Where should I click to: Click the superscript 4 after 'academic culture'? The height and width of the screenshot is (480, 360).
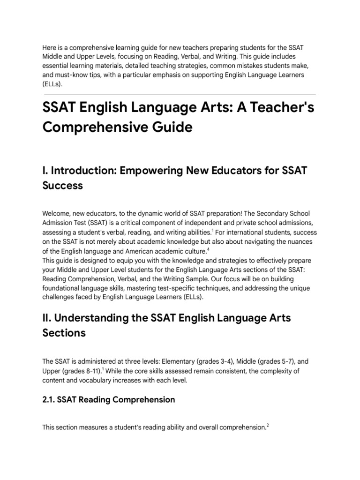[208, 249]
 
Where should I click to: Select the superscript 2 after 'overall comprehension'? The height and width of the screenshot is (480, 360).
[268, 425]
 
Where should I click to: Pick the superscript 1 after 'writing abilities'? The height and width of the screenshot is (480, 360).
[212, 230]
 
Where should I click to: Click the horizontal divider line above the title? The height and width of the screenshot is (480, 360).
[180, 93]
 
